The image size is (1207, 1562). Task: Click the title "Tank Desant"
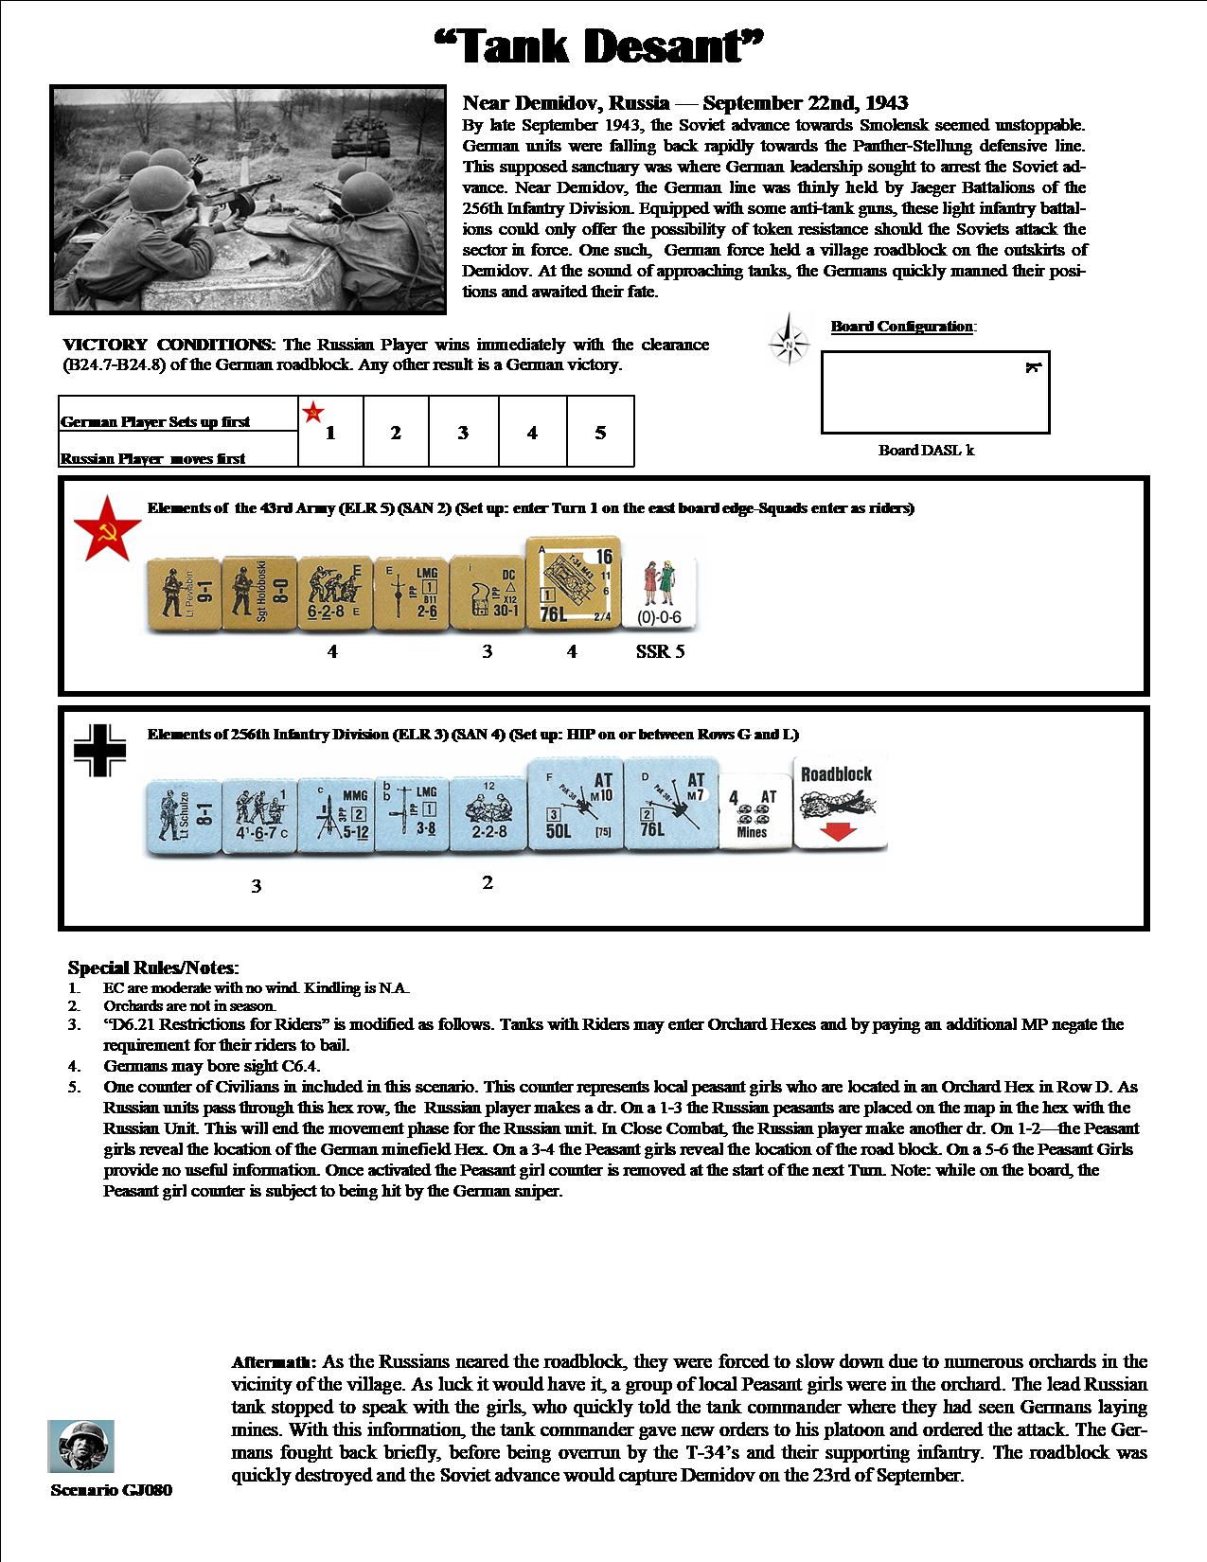600,45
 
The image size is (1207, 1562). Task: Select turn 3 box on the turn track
463,433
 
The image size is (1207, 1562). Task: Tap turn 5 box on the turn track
600,433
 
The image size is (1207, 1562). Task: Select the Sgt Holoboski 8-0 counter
258,593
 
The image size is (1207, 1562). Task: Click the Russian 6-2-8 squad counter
334,593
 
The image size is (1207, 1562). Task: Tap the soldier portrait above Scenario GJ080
81,1446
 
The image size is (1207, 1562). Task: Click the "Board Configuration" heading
902,327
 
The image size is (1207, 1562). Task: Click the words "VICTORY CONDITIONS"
167,345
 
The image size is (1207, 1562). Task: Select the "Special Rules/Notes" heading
152,967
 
